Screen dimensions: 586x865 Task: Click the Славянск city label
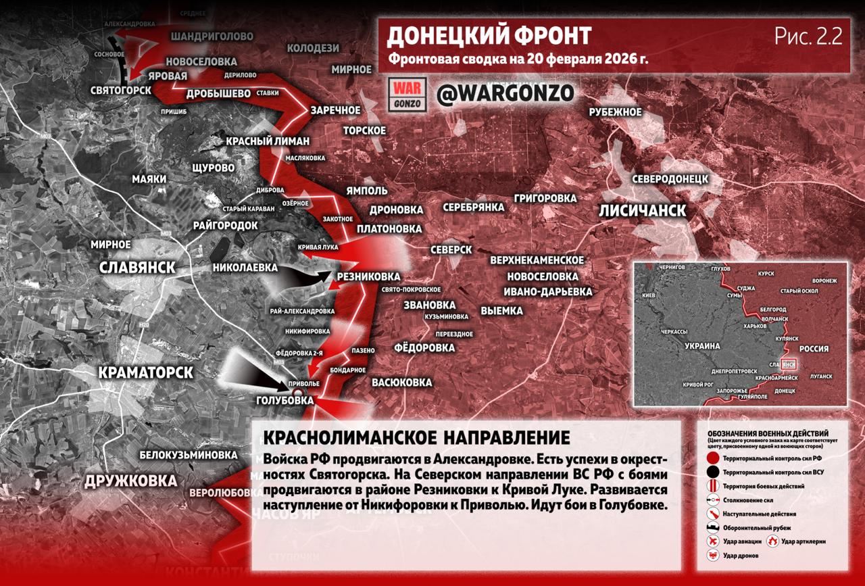tap(137, 267)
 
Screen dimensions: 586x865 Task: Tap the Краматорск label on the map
tap(145, 372)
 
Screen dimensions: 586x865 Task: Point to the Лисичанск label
tap(642, 210)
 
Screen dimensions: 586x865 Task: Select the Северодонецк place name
tap(670, 179)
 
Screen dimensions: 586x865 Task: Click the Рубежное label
tap(614, 112)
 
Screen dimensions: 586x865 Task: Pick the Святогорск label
tap(122, 90)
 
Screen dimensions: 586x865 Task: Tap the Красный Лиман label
tap(268, 141)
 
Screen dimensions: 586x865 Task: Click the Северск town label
tap(451, 249)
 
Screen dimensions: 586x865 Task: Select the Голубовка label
tap(285, 400)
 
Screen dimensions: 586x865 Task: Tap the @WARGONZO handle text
tap(505, 93)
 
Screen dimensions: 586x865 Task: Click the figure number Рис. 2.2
tap(808, 37)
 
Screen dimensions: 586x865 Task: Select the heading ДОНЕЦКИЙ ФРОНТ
tap(489, 36)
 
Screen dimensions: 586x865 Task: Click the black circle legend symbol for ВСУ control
tap(712, 472)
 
